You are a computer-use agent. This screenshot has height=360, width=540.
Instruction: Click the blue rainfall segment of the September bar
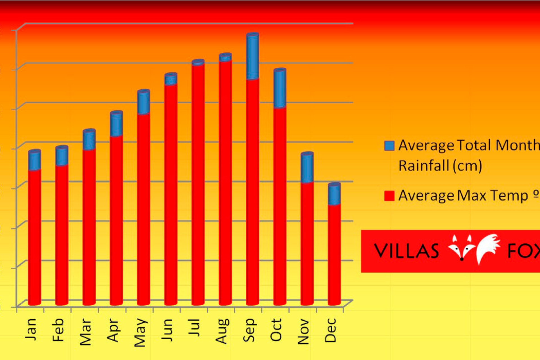coord(253,56)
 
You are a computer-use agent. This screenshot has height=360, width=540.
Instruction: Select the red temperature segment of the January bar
coord(34,236)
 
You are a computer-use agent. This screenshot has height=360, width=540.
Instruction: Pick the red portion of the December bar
coord(334,253)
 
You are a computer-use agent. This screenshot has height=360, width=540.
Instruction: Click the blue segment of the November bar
coord(307,168)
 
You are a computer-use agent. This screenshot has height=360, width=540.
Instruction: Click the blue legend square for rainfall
coord(390,145)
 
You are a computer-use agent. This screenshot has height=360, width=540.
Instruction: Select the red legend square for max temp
coord(390,196)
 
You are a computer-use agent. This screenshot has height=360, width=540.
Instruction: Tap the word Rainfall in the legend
coord(424,165)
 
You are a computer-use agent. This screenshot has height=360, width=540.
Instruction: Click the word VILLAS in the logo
coord(406,251)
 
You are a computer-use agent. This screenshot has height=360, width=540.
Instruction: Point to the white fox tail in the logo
coord(488,247)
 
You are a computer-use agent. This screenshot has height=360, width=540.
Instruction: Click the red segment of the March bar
coord(89,225)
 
